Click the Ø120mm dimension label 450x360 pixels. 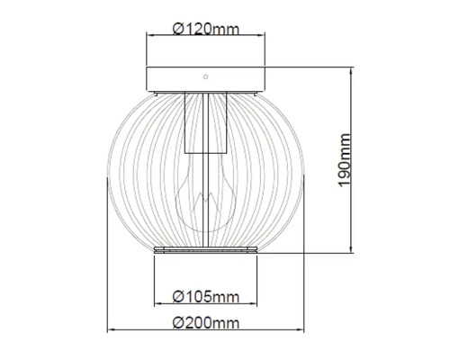206,28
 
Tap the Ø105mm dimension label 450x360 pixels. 206,295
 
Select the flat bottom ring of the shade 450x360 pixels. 206,249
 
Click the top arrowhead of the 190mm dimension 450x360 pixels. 352,67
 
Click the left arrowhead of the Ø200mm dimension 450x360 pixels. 112,330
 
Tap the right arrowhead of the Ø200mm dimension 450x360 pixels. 304,330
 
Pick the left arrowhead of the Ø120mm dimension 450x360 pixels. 150,36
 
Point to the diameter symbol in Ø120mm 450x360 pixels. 177,28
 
